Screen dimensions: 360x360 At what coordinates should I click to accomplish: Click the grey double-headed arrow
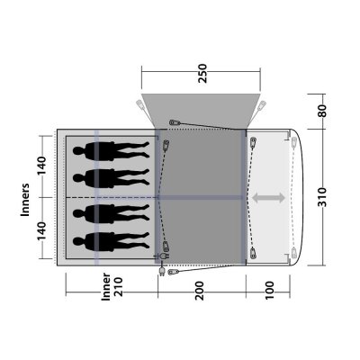click(267, 197)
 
